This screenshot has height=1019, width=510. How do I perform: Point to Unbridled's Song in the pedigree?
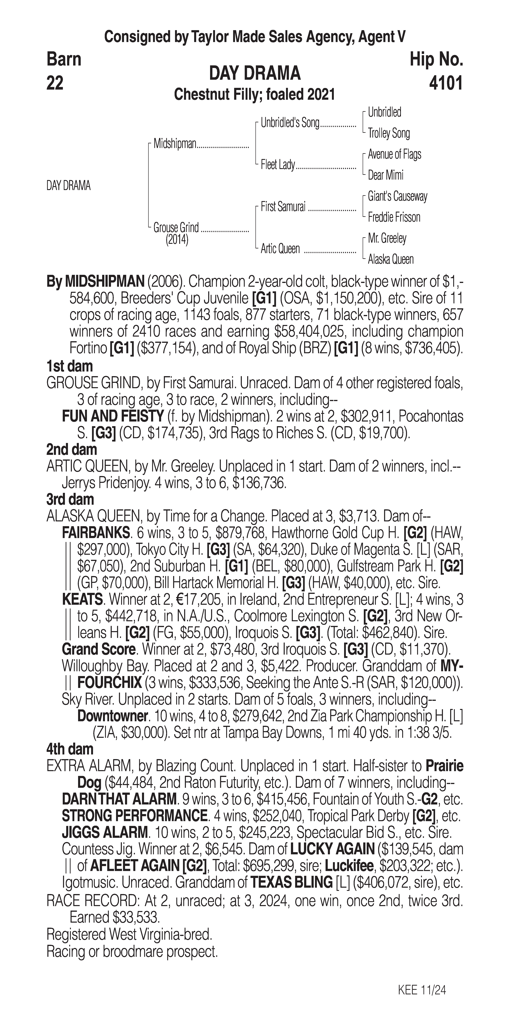[x=290, y=123]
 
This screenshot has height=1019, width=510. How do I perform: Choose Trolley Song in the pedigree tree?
[x=389, y=133]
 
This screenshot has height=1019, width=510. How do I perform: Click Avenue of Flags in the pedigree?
[x=394, y=154]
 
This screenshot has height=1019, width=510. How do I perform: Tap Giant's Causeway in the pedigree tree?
[x=397, y=196]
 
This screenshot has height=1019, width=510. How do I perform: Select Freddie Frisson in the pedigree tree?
[x=394, y=217]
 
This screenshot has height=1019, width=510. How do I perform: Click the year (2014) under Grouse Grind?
[x=177, y=240]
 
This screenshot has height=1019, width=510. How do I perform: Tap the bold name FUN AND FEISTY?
[x=113, y=416]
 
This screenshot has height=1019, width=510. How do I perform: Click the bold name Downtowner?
[x=112, y=716]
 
